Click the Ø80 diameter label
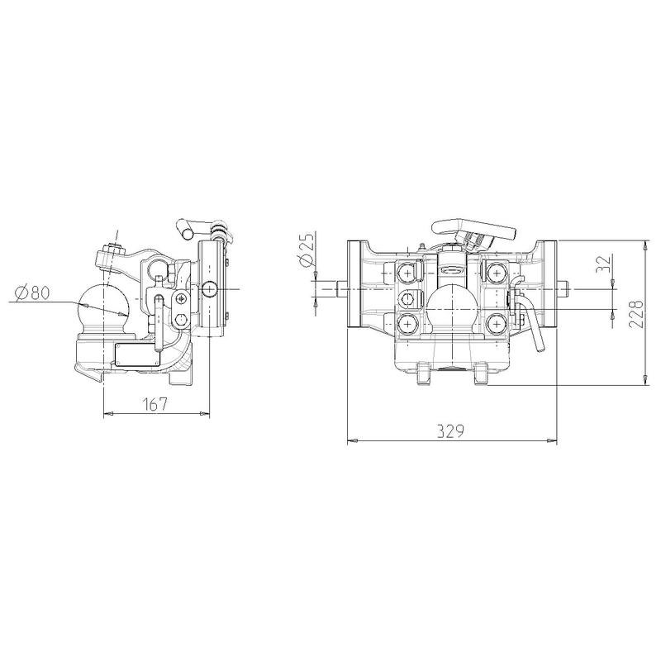pos(32,292)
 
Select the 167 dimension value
pos(155,404)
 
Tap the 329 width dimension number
pos(450,430)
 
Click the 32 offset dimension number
pos(605,264)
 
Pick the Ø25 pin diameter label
pos(307,250)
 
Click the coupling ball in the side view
pos(102,306)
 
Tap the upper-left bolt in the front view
pos(407,273)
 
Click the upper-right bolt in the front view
pos(497,273)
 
